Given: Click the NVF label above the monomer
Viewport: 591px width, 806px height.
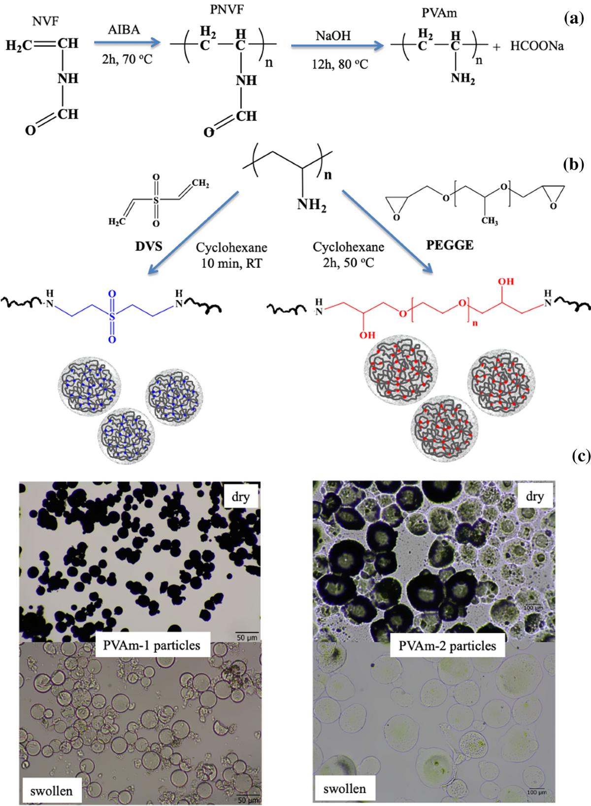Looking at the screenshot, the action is pyautogui.click(x=45, y=21).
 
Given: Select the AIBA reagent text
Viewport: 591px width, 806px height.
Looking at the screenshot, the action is pyautogui.click(x=124, y=30).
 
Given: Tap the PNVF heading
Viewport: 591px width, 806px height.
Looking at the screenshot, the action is pyautogui.click(x=227, y=9).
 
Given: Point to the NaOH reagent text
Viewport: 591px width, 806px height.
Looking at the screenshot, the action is pyautogui.click(x=333, y=36).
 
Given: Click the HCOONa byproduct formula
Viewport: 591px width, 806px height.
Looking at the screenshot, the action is pyautogui.click(x=537, y=46).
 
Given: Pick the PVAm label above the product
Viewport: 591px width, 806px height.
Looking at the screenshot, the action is pyautogui.click(x=439, y=13).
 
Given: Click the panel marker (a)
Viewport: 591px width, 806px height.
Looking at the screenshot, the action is pyautogui.click(x=574, y=19).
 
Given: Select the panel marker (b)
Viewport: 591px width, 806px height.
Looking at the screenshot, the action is pyautogui.click(x=573, y=164).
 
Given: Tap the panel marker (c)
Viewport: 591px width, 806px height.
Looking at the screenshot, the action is pyautogui.click(x=581, y=456).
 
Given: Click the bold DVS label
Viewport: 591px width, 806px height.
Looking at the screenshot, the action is pyautogui.click(x=149, y=246).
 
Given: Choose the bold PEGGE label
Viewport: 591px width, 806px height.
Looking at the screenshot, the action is pyautogui.click(x=450, y=245).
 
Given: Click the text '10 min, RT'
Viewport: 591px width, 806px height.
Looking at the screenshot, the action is pyautogui.click(x=231, y=264).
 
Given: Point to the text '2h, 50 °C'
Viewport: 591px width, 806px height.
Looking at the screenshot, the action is pyautogui.click(x=348, y=263).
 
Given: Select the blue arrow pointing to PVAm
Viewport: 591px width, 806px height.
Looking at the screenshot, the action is pyautogui.click(x=337, y=46).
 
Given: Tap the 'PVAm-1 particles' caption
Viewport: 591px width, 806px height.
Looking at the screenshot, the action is pyautogui.click(x=152, y=645).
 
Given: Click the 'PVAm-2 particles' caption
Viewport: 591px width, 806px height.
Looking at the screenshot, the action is pyautogui.click(x=447, y=646).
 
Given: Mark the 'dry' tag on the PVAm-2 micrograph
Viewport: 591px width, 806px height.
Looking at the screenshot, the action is pyautogui.click(x=534, y=496).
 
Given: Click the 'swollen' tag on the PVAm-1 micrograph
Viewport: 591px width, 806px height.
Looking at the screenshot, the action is pyautogui.click(x=51, y=791).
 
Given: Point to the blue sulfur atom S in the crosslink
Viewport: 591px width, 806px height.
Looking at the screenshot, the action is pyautogui.click(x=112, y=316).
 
